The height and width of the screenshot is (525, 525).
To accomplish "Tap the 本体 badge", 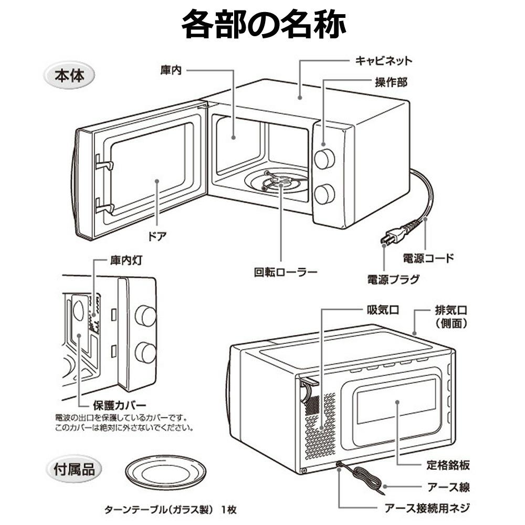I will pyautogui.click(x=68, y=76).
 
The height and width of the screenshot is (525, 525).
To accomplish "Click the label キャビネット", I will pyautogui.click(x=383, y=60).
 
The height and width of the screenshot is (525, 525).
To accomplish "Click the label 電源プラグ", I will pyautogui.click(x=393, y=279).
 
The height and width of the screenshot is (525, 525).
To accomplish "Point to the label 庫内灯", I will pyautogui.click(x=125, y=260).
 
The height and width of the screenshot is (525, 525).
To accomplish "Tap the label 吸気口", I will pyautogui.click(x=382, y=309).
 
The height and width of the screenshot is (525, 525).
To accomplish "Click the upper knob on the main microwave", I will pyautogui.click(x=324, y=158).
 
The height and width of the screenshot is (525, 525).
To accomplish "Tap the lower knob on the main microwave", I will pyautogui.click(x=324, y=194).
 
